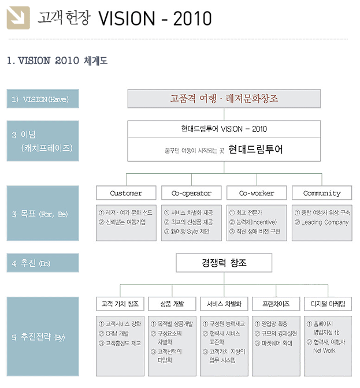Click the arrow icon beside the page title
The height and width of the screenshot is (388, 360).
click(18, 18)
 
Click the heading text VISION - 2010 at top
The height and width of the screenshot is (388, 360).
click(154, 18)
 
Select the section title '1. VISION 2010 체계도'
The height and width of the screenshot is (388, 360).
click(57, 61)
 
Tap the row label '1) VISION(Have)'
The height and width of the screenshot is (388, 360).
click(42, 99)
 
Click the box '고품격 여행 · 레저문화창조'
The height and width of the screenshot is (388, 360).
click(224, 99)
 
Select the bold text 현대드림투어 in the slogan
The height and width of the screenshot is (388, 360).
click(255, 149)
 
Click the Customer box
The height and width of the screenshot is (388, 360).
click(125, 193)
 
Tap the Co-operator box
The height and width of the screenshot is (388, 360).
click(191, 193)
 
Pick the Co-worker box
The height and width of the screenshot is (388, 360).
click(256, 193)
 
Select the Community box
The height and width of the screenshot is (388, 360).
click(321, 193)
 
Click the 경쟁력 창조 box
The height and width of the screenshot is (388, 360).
click(224, 263)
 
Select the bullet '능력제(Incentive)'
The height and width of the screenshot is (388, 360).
click(256, 222)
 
